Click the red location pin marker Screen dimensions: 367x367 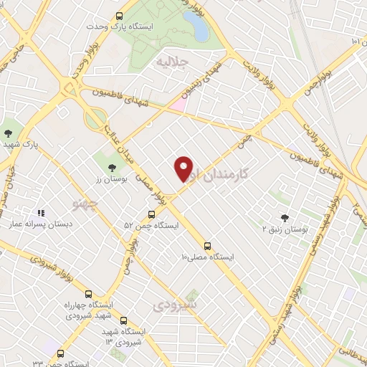(x=184, y=168)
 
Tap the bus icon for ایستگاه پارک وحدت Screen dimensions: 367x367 (x=119, y=14)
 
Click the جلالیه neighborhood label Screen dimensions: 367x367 (x=172, y=62)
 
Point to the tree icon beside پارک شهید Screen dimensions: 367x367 (x=8, y=133)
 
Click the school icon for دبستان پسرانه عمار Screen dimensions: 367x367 (x=41, y=213)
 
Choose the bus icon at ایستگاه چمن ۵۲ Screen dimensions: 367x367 (x=151, y=214)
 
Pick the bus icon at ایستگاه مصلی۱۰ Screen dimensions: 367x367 (x=207, y=244)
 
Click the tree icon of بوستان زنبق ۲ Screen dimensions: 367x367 (x=285, y=217)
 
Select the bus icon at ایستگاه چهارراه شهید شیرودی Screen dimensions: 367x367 (x=88, y=294)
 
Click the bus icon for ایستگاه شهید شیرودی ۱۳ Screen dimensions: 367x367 (x=124, y=320)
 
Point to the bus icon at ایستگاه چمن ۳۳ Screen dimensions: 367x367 (x=59, y=353)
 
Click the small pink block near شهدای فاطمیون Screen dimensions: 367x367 (x=178, y=105)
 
